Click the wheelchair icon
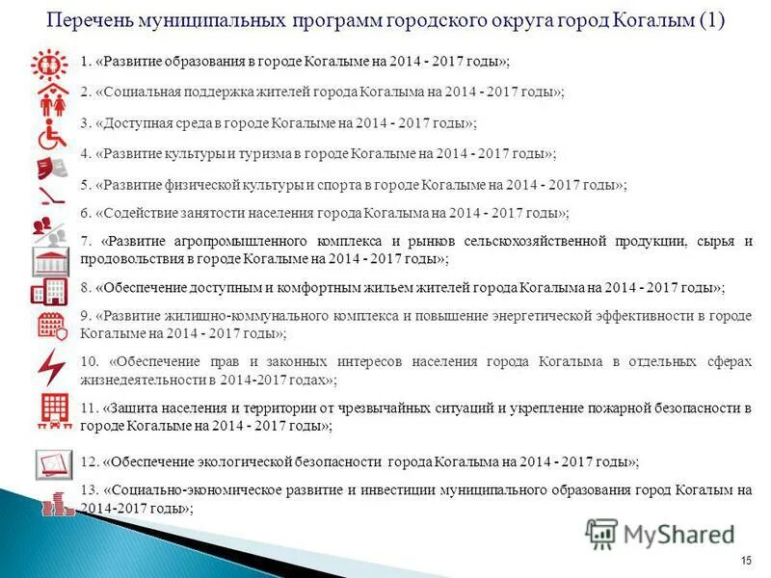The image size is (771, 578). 51,136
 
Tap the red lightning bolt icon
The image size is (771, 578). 51,366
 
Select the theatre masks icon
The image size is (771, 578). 51,169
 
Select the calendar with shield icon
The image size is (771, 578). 51,325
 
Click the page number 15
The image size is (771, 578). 746,561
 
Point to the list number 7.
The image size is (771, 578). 86,241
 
